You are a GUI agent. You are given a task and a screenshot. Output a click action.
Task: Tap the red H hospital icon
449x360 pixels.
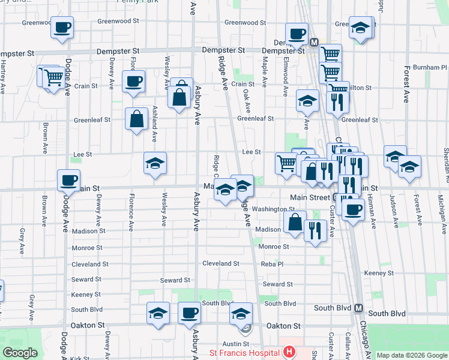[289, 352]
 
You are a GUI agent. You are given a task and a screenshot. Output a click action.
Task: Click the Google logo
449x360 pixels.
[20, 353]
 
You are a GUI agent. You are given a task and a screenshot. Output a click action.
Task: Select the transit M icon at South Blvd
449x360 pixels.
[358, 308]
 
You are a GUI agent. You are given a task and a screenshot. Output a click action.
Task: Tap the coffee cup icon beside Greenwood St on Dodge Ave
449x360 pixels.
[62, 27]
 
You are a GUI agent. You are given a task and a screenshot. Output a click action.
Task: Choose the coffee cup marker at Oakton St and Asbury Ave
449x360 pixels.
[190, 313]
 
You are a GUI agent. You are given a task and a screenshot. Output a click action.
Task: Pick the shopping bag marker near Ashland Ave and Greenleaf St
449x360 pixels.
[137, 118]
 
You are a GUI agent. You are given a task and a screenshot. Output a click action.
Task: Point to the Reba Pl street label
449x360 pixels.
[272, 263]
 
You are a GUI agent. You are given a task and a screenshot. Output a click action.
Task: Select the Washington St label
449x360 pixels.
[273, 209]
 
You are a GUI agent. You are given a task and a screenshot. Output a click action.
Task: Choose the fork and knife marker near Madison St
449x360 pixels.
[315, 230]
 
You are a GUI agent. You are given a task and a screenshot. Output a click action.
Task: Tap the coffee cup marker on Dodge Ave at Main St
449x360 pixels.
[68, 180]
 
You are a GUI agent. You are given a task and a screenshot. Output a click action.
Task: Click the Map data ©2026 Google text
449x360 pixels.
[412, 355]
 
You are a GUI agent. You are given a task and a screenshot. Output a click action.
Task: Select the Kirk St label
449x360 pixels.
[79, 358]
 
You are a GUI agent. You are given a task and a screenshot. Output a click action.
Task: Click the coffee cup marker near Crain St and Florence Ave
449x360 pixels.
[133, 81]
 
